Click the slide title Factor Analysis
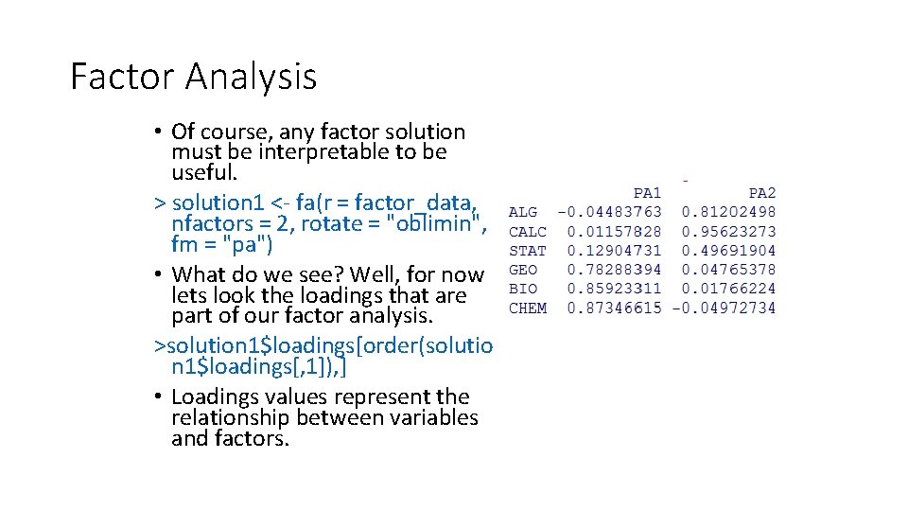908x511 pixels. coord(193,76)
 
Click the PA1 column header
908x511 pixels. coord(647,193)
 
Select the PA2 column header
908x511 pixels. coord(761,193)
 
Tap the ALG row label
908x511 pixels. coord(523,213)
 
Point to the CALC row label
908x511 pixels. coord(528,232)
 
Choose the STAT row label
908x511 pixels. coord(528,251)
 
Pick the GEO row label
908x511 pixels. coord(523,270)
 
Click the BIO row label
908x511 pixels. coord(523,289)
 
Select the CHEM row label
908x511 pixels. coord(528,308)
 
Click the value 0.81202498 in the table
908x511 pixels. coord(728,213)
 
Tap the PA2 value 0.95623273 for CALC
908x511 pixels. coord(728,232)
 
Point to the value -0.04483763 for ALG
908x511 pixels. coord(610,213)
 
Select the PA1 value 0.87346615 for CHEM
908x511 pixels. coord(614,308)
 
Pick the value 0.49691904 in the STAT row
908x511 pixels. coord(728,251)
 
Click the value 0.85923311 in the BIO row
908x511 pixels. coord(614,289)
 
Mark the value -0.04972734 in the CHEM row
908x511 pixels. coord(724,308)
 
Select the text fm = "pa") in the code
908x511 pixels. coord(222,244)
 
